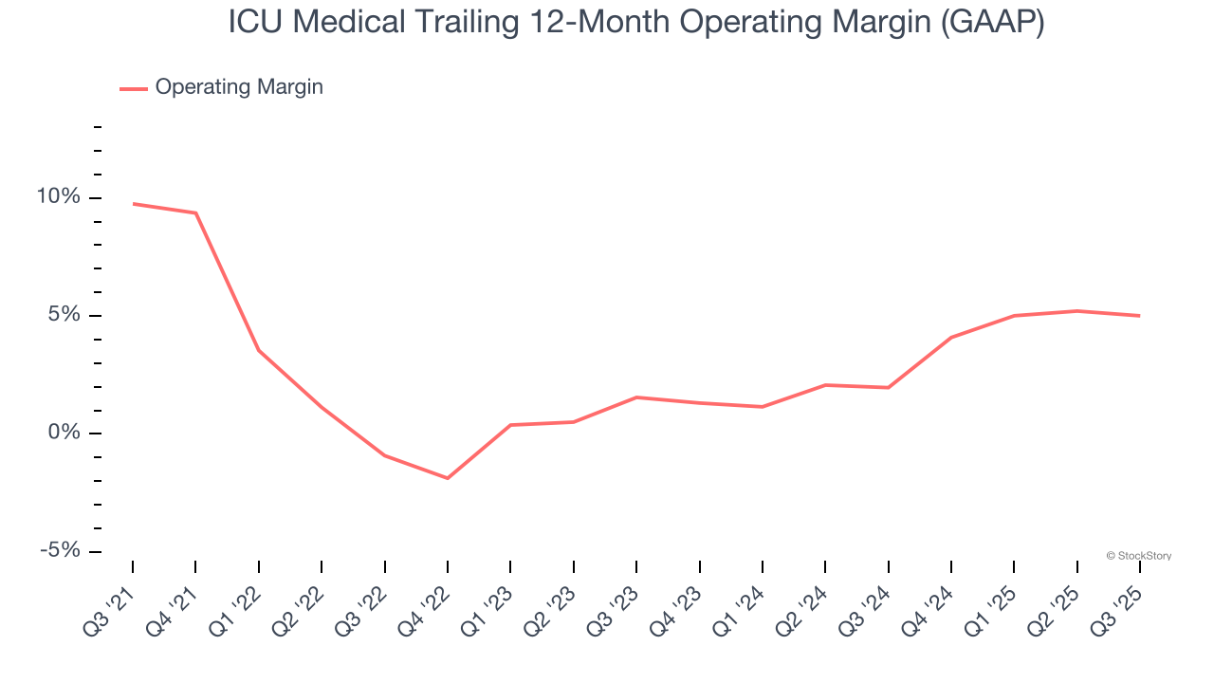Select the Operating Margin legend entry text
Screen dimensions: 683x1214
click(239, 87)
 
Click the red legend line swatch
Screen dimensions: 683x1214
click(134, 88)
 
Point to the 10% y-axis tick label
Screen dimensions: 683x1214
click(59, 197)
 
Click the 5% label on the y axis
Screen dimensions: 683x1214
click(64, 315)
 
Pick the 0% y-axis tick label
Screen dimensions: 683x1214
click(64, 434)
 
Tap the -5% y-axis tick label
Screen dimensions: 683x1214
click(61, 551)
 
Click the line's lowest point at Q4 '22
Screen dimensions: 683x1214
click(448, 478)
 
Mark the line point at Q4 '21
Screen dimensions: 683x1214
click(195, 212)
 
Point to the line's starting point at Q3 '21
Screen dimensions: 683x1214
click(133, 203)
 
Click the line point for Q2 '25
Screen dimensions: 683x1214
click(1076, 310)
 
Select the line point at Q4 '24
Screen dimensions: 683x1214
click(950, 338)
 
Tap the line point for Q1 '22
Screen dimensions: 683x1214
click(259, 351)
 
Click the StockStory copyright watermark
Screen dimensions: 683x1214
click(1138, 556)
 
